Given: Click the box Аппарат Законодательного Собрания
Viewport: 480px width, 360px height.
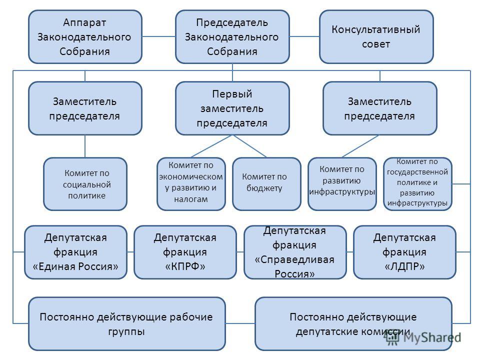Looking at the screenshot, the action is pos(85,36).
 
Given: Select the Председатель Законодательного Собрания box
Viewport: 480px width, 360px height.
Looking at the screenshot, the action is pos(232,36).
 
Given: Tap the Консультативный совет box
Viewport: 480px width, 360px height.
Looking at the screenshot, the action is pos(376,36).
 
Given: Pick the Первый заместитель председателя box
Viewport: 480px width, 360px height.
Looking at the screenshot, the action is pos(232,108).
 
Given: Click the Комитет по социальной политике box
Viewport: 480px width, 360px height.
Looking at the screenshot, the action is pos(85,184).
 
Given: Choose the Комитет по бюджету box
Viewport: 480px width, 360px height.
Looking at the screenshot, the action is pos(266,184).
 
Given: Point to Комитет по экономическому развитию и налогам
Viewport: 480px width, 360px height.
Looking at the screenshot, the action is pos(191,184).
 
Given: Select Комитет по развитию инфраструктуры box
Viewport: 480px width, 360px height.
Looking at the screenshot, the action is pos(342,184).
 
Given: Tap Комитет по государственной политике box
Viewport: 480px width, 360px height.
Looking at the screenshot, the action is pos(417,184).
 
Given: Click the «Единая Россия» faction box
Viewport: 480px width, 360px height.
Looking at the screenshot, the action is pos(75,252).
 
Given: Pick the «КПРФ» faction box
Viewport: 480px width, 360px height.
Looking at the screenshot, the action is pos(185,252).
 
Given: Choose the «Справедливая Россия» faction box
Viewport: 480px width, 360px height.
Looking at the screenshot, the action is pos(295,252).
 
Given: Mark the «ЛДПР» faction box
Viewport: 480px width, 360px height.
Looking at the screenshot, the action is pos(404,252).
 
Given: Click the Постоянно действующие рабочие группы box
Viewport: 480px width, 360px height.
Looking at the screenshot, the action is pos(127,324).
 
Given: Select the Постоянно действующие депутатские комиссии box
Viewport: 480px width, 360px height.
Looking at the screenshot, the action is pos(353,324).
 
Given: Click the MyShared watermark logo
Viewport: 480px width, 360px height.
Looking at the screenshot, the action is pos(423,337).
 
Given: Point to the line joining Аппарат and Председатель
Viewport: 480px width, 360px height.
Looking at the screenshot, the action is pos(158,36).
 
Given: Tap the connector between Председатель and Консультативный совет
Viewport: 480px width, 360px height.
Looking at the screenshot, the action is pos(304,36).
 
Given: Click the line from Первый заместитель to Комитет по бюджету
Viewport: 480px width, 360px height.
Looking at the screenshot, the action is pos(249,146).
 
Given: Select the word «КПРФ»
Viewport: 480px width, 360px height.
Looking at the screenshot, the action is pos(185,266).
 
